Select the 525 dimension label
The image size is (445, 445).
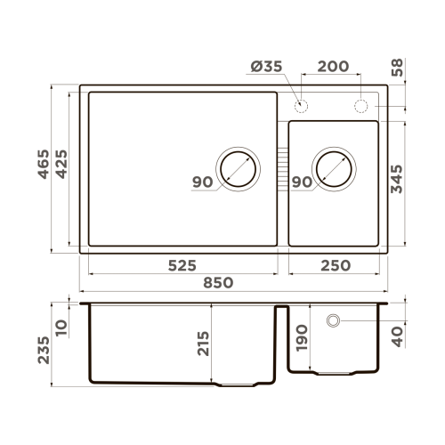tap(178, 265)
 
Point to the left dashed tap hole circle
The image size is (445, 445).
tap(301, 107)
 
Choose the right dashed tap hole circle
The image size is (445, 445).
tap(362, 107)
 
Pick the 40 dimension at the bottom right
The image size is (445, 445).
tap(397, 336)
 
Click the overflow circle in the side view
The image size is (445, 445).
tap(333, 320)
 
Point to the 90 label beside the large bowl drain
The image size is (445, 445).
tap(202, 182)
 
